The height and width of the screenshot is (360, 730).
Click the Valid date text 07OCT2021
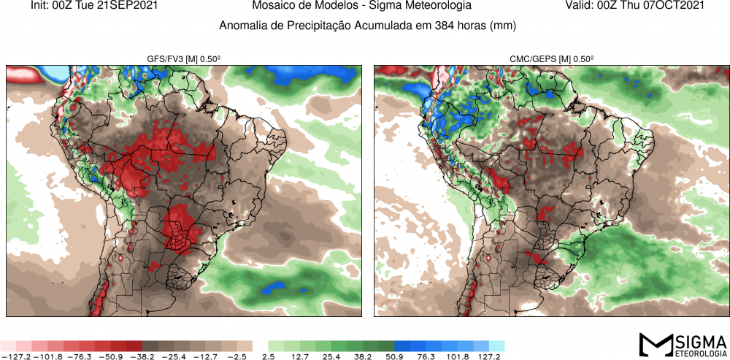pyautogui.click(x=675, y=6)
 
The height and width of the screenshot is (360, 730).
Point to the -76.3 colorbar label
pyautogui.click(x=79, y=356)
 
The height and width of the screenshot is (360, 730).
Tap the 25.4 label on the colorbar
pyautogui.click(x=331, y=356)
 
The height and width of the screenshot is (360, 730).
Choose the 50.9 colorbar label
pyautogui.click(x=395, y=356)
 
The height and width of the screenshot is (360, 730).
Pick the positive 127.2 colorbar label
pyautogui.click(x=489, y=356)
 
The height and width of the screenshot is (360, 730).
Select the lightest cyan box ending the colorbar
pyautogui.click(x=496, y=345)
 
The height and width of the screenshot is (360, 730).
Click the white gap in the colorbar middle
pyautogui.click(x=261, y=345)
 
